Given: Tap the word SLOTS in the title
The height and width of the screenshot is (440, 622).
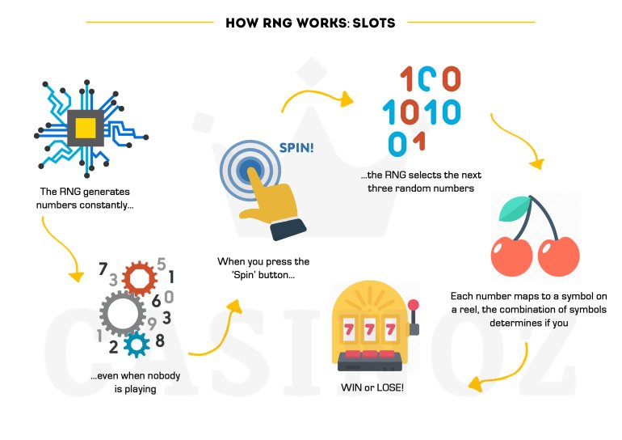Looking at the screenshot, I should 372,22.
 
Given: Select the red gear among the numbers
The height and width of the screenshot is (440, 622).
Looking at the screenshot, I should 138,279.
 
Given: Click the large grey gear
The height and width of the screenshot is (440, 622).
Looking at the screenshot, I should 122,312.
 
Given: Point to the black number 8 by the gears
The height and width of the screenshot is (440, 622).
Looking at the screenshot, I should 160,341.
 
